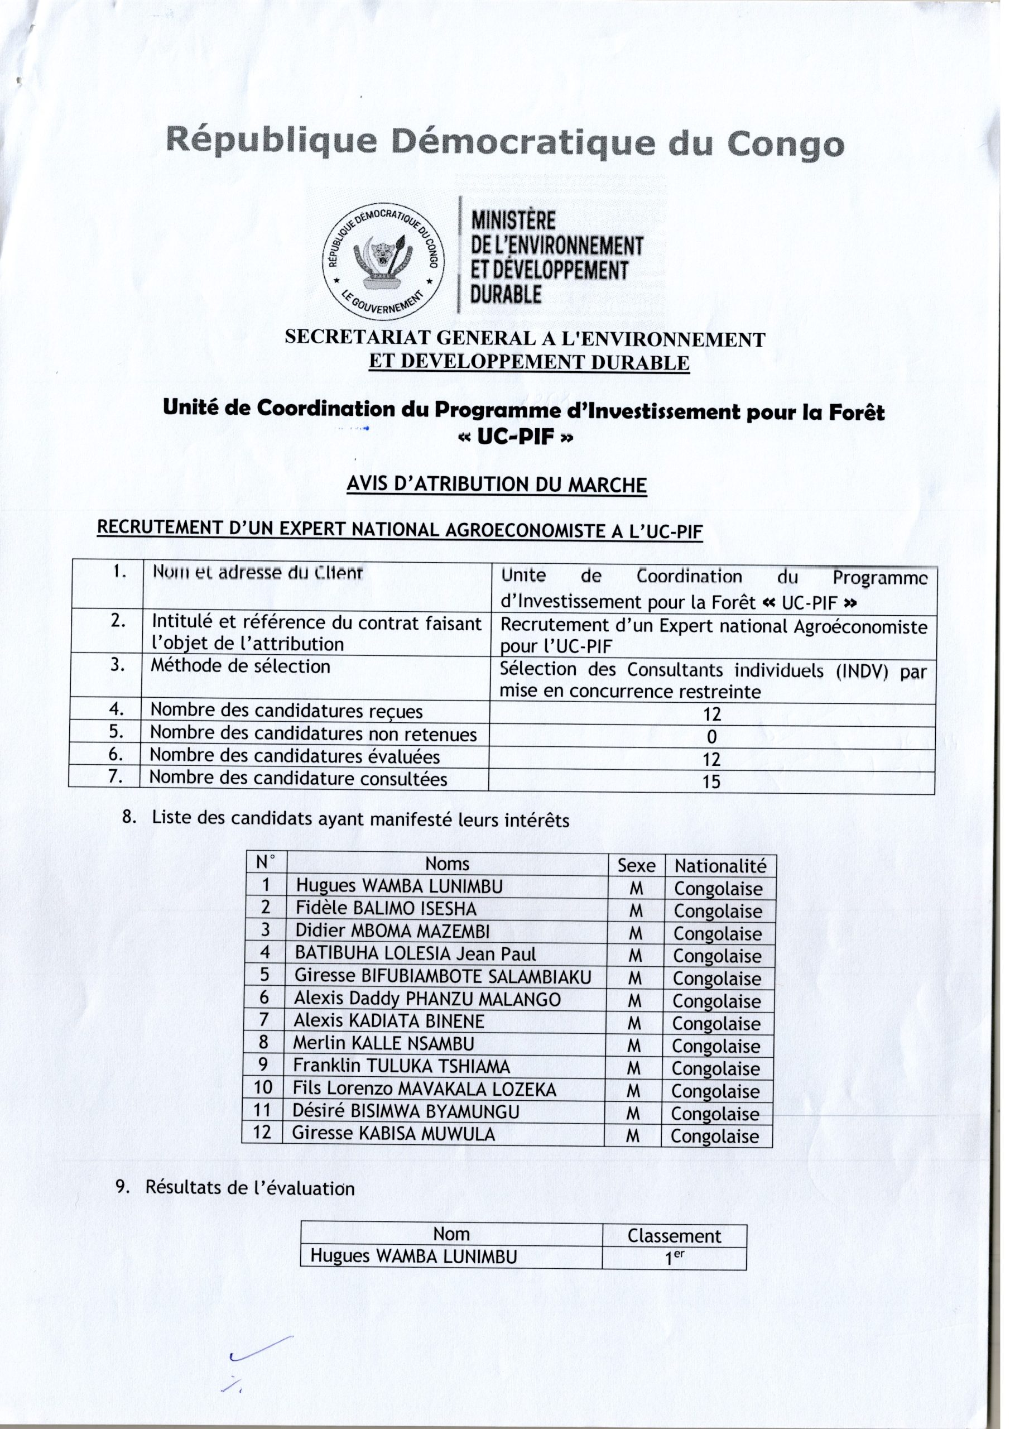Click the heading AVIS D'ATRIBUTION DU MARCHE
pos(496,485)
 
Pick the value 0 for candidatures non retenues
pos(712,737)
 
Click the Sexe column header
pos(636,866)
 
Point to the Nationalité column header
pos(720,866)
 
